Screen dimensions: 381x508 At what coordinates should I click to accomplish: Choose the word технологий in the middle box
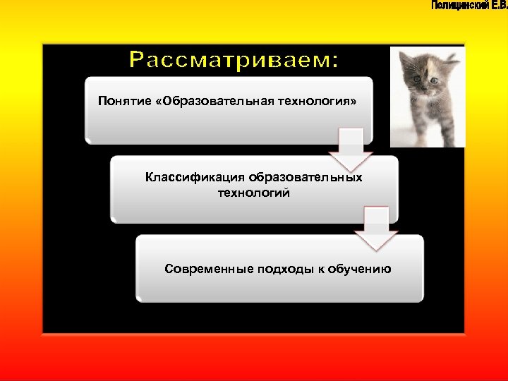253,192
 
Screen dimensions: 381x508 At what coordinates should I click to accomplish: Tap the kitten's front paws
423,138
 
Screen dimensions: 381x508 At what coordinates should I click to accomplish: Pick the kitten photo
428,97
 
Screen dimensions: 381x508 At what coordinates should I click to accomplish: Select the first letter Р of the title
137,61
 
